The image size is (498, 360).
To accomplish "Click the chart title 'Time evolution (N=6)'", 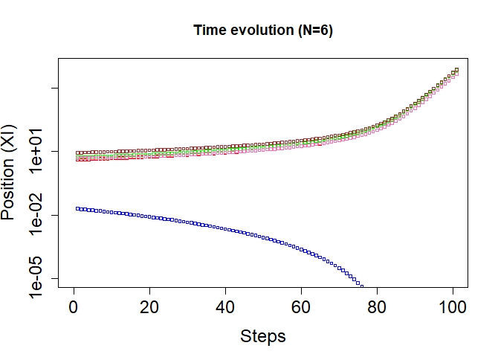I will [268, 30].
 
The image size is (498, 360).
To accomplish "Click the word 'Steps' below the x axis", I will [263, 336].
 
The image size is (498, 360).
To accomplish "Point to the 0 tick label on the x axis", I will [74, 306].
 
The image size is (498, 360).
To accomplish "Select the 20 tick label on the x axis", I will [149, 306].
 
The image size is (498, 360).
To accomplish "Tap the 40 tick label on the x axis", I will [225, 306].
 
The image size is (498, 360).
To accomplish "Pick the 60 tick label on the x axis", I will [301, 306].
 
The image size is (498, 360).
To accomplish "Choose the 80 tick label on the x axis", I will [377, 306].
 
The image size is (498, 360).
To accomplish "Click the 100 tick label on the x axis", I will [453, 306].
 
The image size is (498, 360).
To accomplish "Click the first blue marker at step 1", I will [77, 208].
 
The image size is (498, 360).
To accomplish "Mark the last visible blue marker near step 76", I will [362, 285].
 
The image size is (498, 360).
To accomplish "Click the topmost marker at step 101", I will [456, 70].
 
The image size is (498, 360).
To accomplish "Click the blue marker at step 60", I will [301, 248].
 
